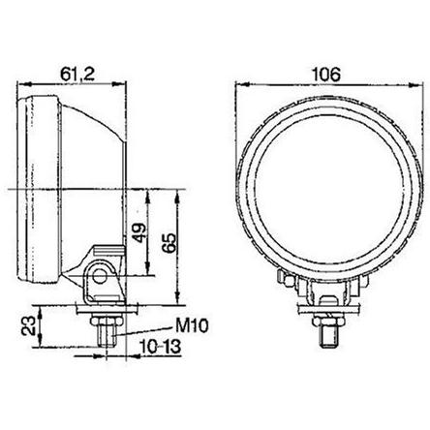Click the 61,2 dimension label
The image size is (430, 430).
[77, 75]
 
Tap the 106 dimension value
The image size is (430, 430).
[325, 75]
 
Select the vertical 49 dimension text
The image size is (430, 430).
[139, 232]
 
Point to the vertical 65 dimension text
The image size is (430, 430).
[169, 243]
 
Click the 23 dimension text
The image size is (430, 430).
[28, 325]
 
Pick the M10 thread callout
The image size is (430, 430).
[192, 326]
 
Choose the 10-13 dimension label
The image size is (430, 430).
[161, 348]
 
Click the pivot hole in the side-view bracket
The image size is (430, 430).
[100, 277]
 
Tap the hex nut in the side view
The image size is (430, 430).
[107, 321]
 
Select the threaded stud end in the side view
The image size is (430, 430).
[107, 336]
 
